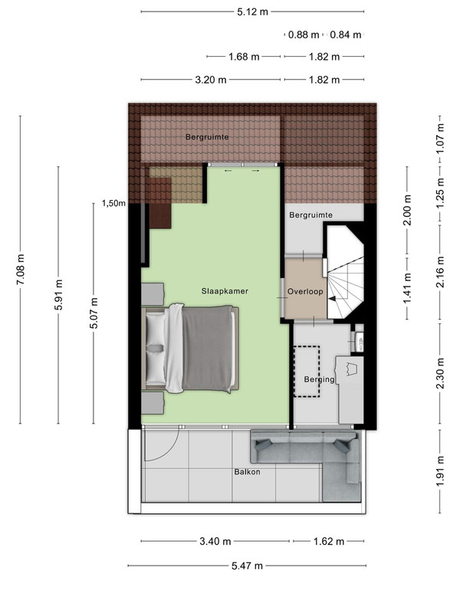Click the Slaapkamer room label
tap(225, 291)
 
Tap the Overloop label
tap(305, 292)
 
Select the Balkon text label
tap(247, 472)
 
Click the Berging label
tap(319, 379)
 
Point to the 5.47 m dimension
tap(247, 565)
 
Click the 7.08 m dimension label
tap(21, 270)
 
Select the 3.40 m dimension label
tap(215, 542)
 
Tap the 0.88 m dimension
tap(304, 34)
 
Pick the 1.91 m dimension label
tap(440, 471)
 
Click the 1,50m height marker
tap(113, 203)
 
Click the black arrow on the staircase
tap(332, 299)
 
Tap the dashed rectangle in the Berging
tap(307, 372)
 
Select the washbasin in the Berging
tap(359, 340)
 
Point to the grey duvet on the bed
tap(207, 348)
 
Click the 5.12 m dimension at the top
tap(253, 11)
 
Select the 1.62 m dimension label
tap(329, 542)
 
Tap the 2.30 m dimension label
tap(440, 373)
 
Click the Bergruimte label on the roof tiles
tap(207, 137)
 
